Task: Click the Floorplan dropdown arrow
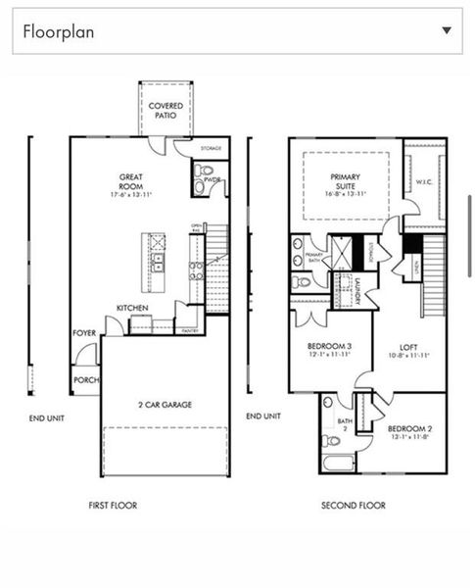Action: (x=447, y=30)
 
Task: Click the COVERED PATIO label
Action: (x=166, y=110)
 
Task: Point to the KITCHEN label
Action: (x=132, y=308)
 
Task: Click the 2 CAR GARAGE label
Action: (x=165, y=404)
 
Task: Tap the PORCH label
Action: (x=85, y=380)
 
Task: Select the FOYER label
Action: (x=84, y=333)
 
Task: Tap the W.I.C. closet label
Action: (x=423, y=181)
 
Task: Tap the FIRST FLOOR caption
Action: (x=113, y=506)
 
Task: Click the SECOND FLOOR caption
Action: (x=353, y=506)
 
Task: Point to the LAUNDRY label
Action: (x=358, y=292)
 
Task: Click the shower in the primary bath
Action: (x=343, y=252)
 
